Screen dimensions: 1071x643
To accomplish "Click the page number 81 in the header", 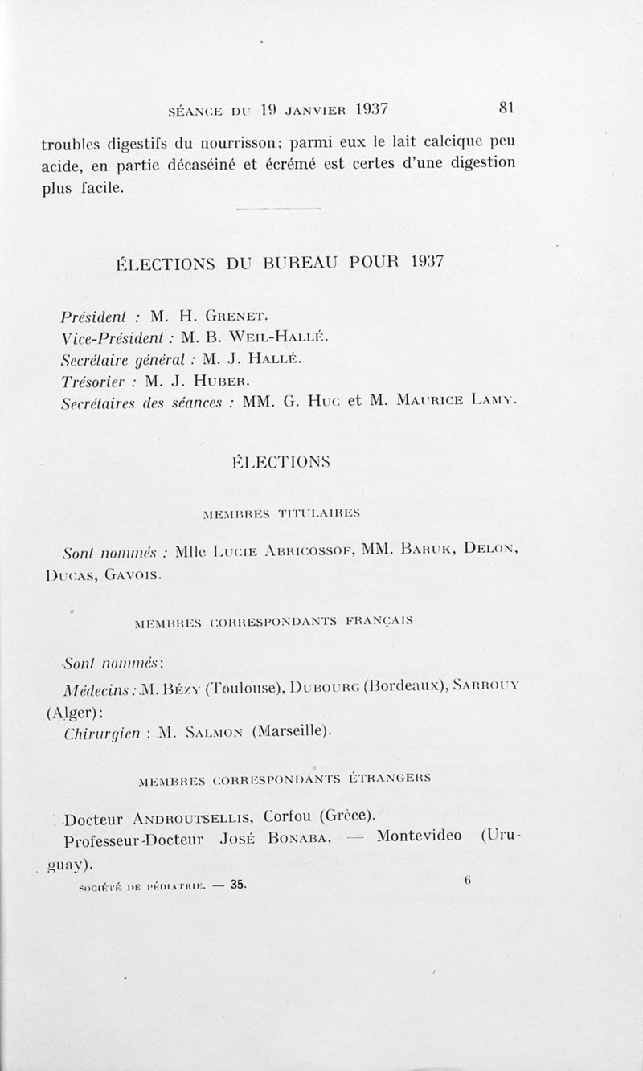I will click(x=507, y=108).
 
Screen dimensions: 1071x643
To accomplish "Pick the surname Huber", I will click(x=217, y=379).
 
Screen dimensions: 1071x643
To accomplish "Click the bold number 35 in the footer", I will click(x=239, y=885).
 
